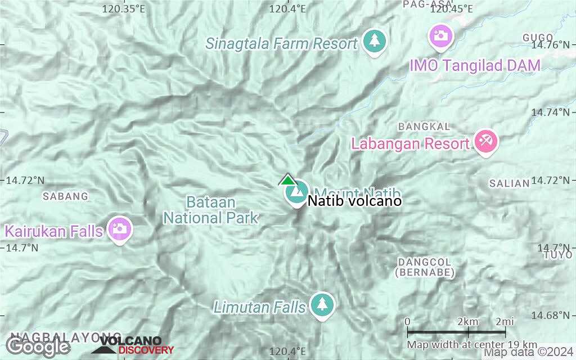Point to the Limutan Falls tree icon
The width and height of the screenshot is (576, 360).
click(322, 304)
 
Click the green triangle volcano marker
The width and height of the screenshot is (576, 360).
click(287, 180)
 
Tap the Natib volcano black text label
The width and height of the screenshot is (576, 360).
click(354, 201)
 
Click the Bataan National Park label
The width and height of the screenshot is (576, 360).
click(211, 210)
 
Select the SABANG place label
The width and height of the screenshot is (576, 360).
click(66, 196)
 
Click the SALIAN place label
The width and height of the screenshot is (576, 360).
click(509, 183)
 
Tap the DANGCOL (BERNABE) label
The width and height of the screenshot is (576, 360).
click(425, 267)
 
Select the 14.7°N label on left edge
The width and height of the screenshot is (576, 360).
click(22, 247)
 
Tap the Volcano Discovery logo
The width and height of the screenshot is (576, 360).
click(133, 345)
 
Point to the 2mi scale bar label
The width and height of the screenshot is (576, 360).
click(504, 321)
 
